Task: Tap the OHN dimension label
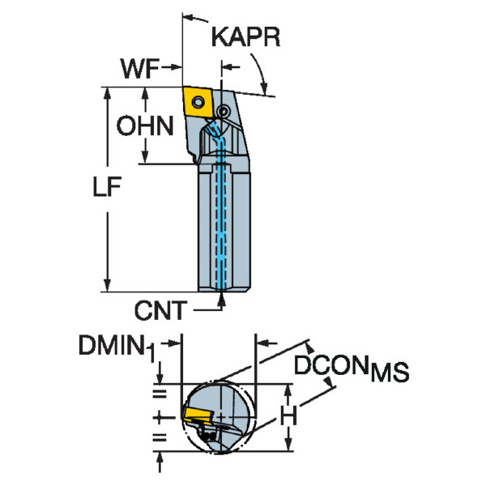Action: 144,126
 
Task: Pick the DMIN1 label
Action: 113,347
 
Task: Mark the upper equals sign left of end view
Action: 160,394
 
